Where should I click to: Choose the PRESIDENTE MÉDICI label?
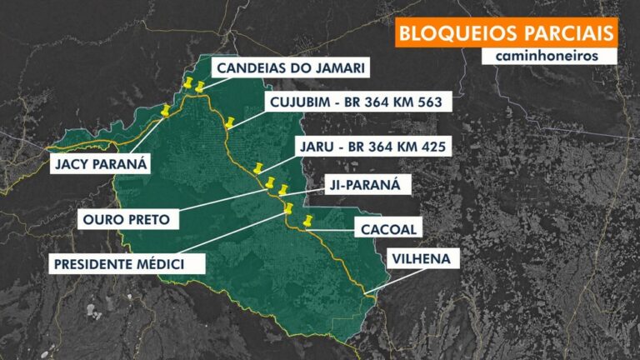pyautogui.click(x=118, y=264)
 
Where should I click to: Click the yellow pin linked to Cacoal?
pyautogui.click(x=308, y=222)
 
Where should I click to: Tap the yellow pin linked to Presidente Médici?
pyautogui.click(x=289, y=208)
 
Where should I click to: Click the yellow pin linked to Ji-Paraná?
pyautogui.click(x=283, y=190)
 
